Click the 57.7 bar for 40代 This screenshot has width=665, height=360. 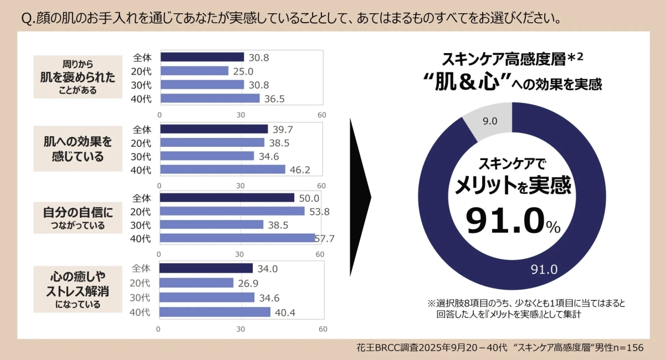[237, 238]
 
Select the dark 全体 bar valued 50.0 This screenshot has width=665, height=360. [227, 198]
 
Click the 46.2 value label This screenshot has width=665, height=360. [299, 169]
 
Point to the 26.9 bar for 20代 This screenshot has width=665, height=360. [196, 282]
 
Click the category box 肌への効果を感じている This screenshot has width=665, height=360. [78, 149]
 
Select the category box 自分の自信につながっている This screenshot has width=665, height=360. [78, 218]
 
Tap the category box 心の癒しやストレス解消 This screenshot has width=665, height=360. [78, 290]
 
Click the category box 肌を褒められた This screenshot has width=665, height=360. [78, 77]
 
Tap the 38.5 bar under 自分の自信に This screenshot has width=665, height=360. [211, 224]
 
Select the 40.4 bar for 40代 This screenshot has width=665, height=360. [214, 312]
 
